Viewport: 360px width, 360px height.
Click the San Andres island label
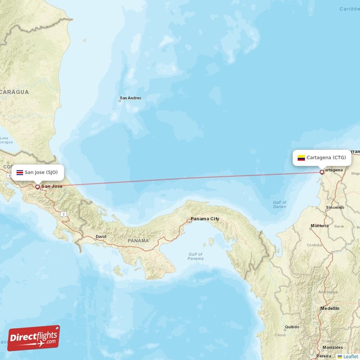tap(130, 98)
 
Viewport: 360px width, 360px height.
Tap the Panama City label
tap(205, 219)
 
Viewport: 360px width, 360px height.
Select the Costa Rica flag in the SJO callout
tap(19, 172)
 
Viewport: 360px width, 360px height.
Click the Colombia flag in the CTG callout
tap(301, 158)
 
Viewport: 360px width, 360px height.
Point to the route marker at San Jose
tap(37, 186)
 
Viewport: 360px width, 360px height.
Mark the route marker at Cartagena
tap(322, 172)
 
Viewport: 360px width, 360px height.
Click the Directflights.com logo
tap(34, 338)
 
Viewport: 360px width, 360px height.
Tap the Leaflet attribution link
tap(350, 356)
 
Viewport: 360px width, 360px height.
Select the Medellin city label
tap(330, 309)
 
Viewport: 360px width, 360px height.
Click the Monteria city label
tap(320, 226)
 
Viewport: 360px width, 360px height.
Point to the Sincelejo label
tap(335, 207)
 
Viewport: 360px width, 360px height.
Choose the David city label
tap(101, 237)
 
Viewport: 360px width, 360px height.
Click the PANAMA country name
tap(138, 241)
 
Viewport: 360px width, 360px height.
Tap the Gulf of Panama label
tap(195, 256)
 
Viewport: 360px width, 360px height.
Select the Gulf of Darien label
tap(279, 204)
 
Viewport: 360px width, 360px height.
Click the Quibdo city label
tap(292, 327)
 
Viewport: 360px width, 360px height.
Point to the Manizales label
tap(332, 348)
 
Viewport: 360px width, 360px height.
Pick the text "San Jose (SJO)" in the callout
tap(41, 172)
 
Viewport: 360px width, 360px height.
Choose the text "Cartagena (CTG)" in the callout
tap(326, 157)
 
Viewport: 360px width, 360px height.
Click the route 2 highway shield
tap(64, 214)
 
